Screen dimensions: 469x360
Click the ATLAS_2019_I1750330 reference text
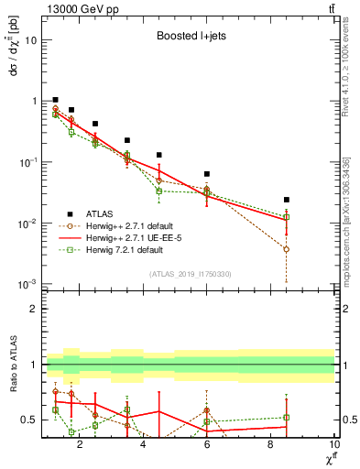point(190,274)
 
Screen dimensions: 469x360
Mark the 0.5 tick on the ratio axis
point(32,420)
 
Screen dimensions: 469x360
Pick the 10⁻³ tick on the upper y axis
point(30,284)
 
